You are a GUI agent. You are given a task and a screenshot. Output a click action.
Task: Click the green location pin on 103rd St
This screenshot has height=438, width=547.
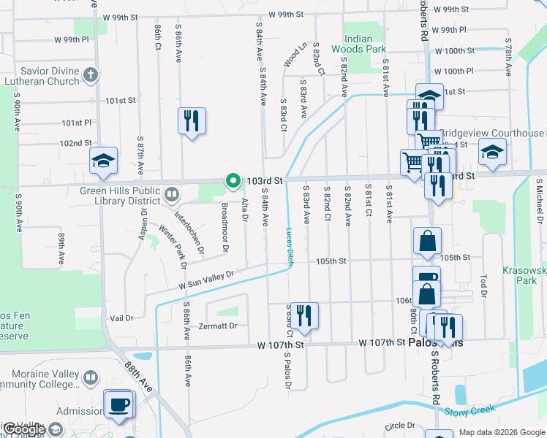click(x=233, y=180)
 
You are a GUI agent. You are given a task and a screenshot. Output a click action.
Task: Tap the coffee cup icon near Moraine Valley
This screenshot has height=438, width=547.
click(x=118, y=404)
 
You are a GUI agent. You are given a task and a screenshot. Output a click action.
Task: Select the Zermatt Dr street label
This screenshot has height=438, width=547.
click(x=222, y=326)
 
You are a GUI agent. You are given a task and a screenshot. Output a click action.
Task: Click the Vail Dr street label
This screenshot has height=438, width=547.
click(x=121, y=318)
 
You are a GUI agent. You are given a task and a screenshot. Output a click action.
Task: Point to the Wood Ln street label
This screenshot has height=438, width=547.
click(x=293, y=55)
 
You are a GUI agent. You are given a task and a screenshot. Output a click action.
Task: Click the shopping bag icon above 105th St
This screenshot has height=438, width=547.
click(x=427, y=241)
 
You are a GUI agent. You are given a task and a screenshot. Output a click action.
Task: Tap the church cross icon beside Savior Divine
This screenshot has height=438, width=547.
click(x=90, y=74)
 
